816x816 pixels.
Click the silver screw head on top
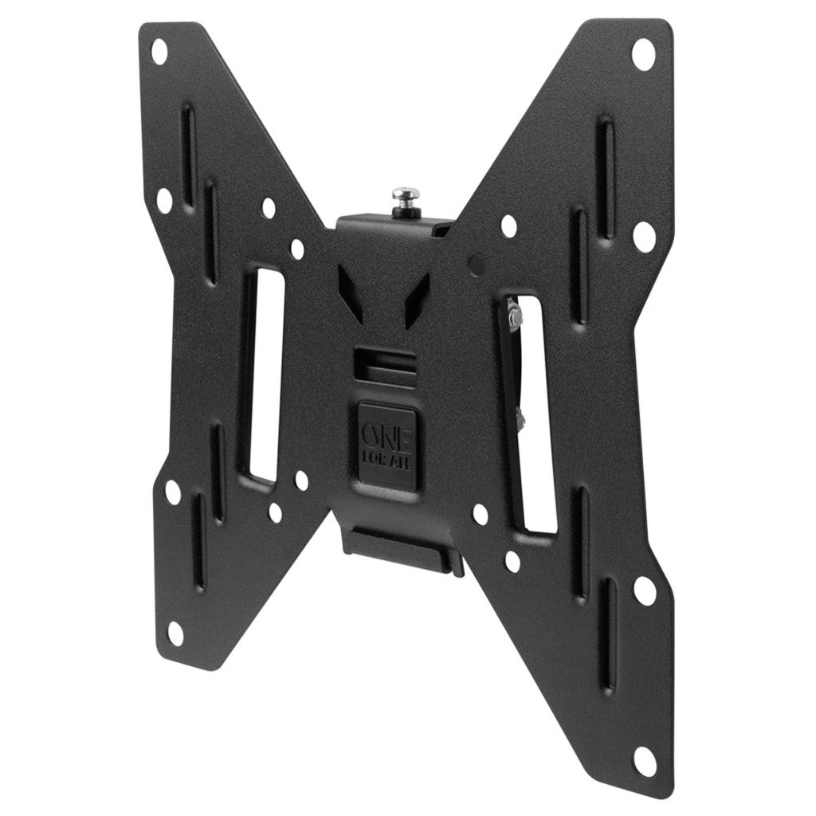click(406, 194)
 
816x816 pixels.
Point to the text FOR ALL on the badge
click(387, 461)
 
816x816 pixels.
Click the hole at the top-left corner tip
click(159, 52)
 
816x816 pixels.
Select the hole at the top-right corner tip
click(642, 54)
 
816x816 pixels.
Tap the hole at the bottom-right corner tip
click(644, 760)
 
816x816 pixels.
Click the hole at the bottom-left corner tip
click(175, 634)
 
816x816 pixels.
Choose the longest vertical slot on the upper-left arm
click(188, 155)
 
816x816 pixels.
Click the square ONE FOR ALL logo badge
click(387, 445)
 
